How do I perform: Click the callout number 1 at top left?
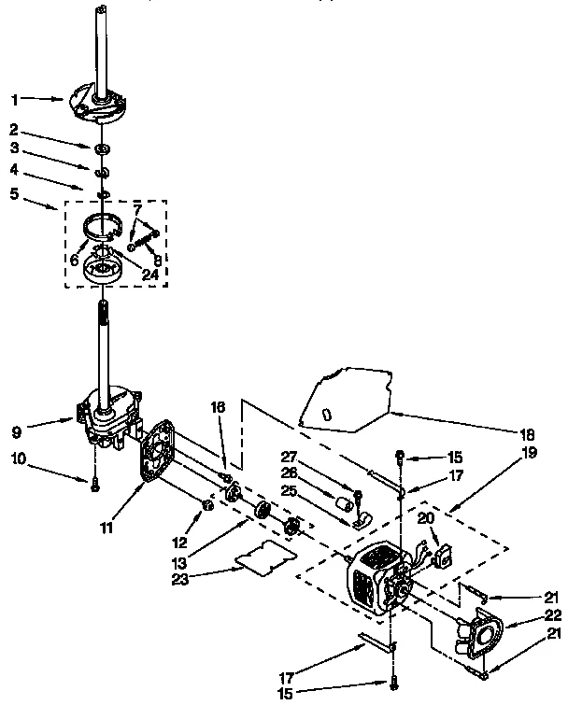(14, 97)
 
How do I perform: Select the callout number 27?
(288, 458)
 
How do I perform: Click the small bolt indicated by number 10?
(93, 482)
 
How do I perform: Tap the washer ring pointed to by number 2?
(99, 148)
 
